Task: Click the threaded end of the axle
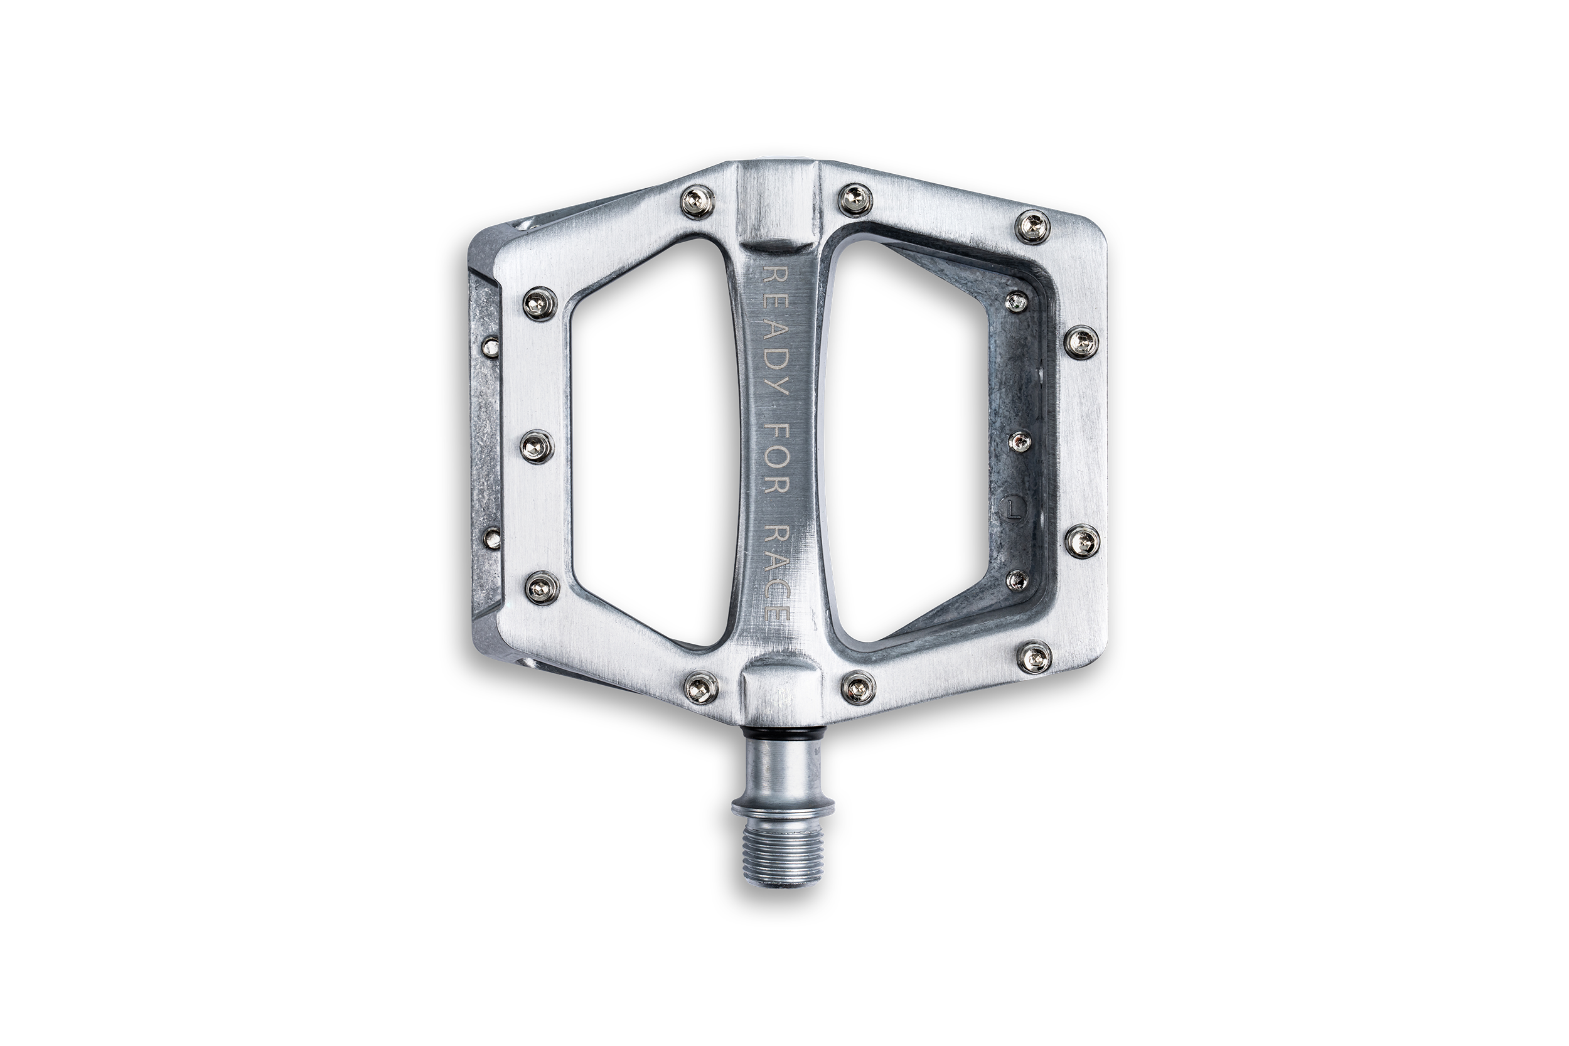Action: (783, 856)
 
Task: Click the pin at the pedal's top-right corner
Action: (1032, 226)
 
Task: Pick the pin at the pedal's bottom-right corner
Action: (1034, 656)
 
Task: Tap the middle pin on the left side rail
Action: (537, 446)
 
